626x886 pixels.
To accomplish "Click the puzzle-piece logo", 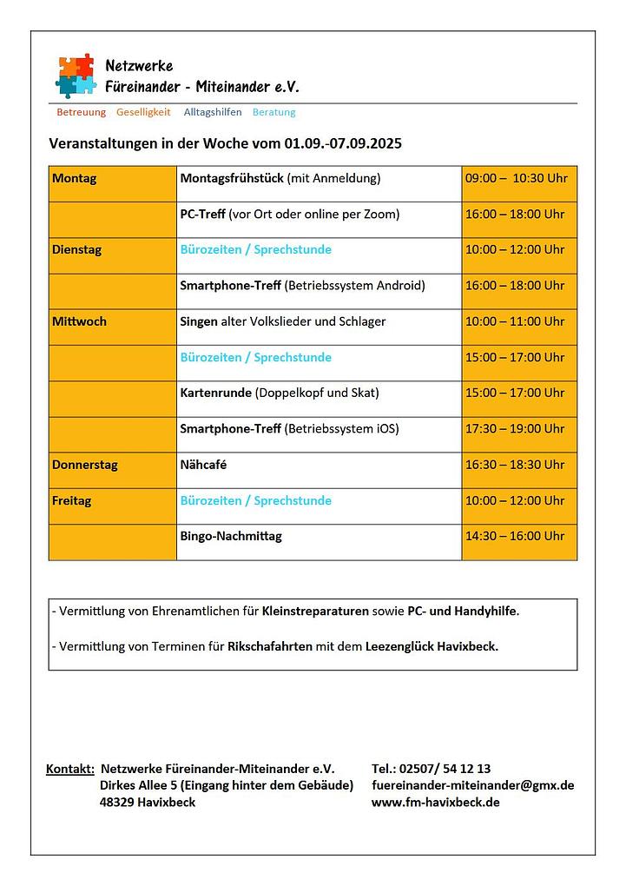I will [75, 75].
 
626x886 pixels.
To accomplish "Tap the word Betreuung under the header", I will [81, 112].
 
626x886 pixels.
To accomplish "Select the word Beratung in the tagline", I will [273, 112].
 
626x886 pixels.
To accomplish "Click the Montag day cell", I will [75, 179].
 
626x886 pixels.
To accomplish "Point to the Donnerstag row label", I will [85, 465].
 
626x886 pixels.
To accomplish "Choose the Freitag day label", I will [72, 501].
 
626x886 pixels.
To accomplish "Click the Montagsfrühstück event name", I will [232, 179].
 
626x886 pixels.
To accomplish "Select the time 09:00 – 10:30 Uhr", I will [516, 179].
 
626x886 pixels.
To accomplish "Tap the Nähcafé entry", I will [204, 465].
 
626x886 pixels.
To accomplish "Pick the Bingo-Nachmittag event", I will [231, 537].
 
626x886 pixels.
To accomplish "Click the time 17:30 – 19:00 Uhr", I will [515, 429].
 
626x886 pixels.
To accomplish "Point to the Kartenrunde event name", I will [216, 393].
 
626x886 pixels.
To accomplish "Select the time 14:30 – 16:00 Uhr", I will [515, 537].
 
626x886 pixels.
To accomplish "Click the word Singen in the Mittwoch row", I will [199, 321].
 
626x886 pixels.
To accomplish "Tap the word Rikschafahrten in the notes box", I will [270, 647].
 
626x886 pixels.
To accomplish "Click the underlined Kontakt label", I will [70, 769].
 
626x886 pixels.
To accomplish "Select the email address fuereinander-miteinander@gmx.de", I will [472, 785].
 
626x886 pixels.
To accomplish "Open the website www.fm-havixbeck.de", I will [435, 802].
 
